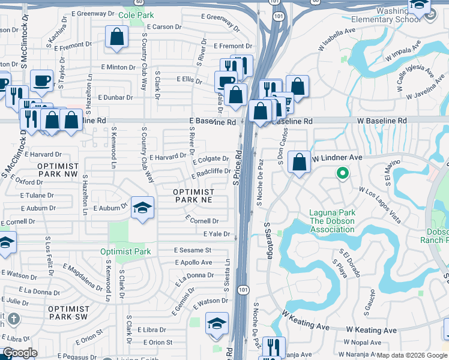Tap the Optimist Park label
tap(125, 252)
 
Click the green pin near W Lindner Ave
tap(342, 174)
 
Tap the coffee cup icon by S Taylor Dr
tap(41, 80)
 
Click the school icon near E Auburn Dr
tap(142, 208)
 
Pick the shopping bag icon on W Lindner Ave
tap(298, 162)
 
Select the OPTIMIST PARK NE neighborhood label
tap(194, 196)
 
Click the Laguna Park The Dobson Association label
tap(332, 217)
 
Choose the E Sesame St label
tap(193, 250)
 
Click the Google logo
tap(20, 353)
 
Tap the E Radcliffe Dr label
tap(211, 173)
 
